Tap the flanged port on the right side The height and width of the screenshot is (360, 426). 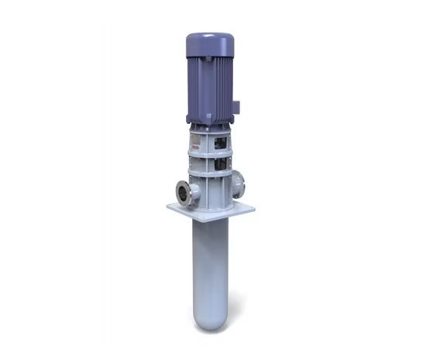[239, 183]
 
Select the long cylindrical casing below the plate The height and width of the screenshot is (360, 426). [210, 263]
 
